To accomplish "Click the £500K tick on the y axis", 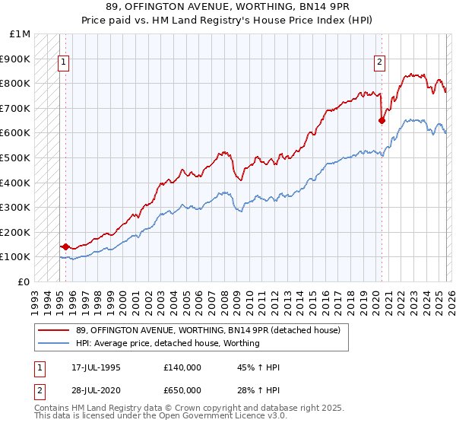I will [15, 157].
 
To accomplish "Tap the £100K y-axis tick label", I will [15, 257].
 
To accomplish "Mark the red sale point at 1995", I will [66, 246].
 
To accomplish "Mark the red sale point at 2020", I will [382, 119].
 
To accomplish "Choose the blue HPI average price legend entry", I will [167, 343].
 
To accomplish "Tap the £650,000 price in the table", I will [182, 389].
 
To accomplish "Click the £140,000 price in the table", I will [182, 367].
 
